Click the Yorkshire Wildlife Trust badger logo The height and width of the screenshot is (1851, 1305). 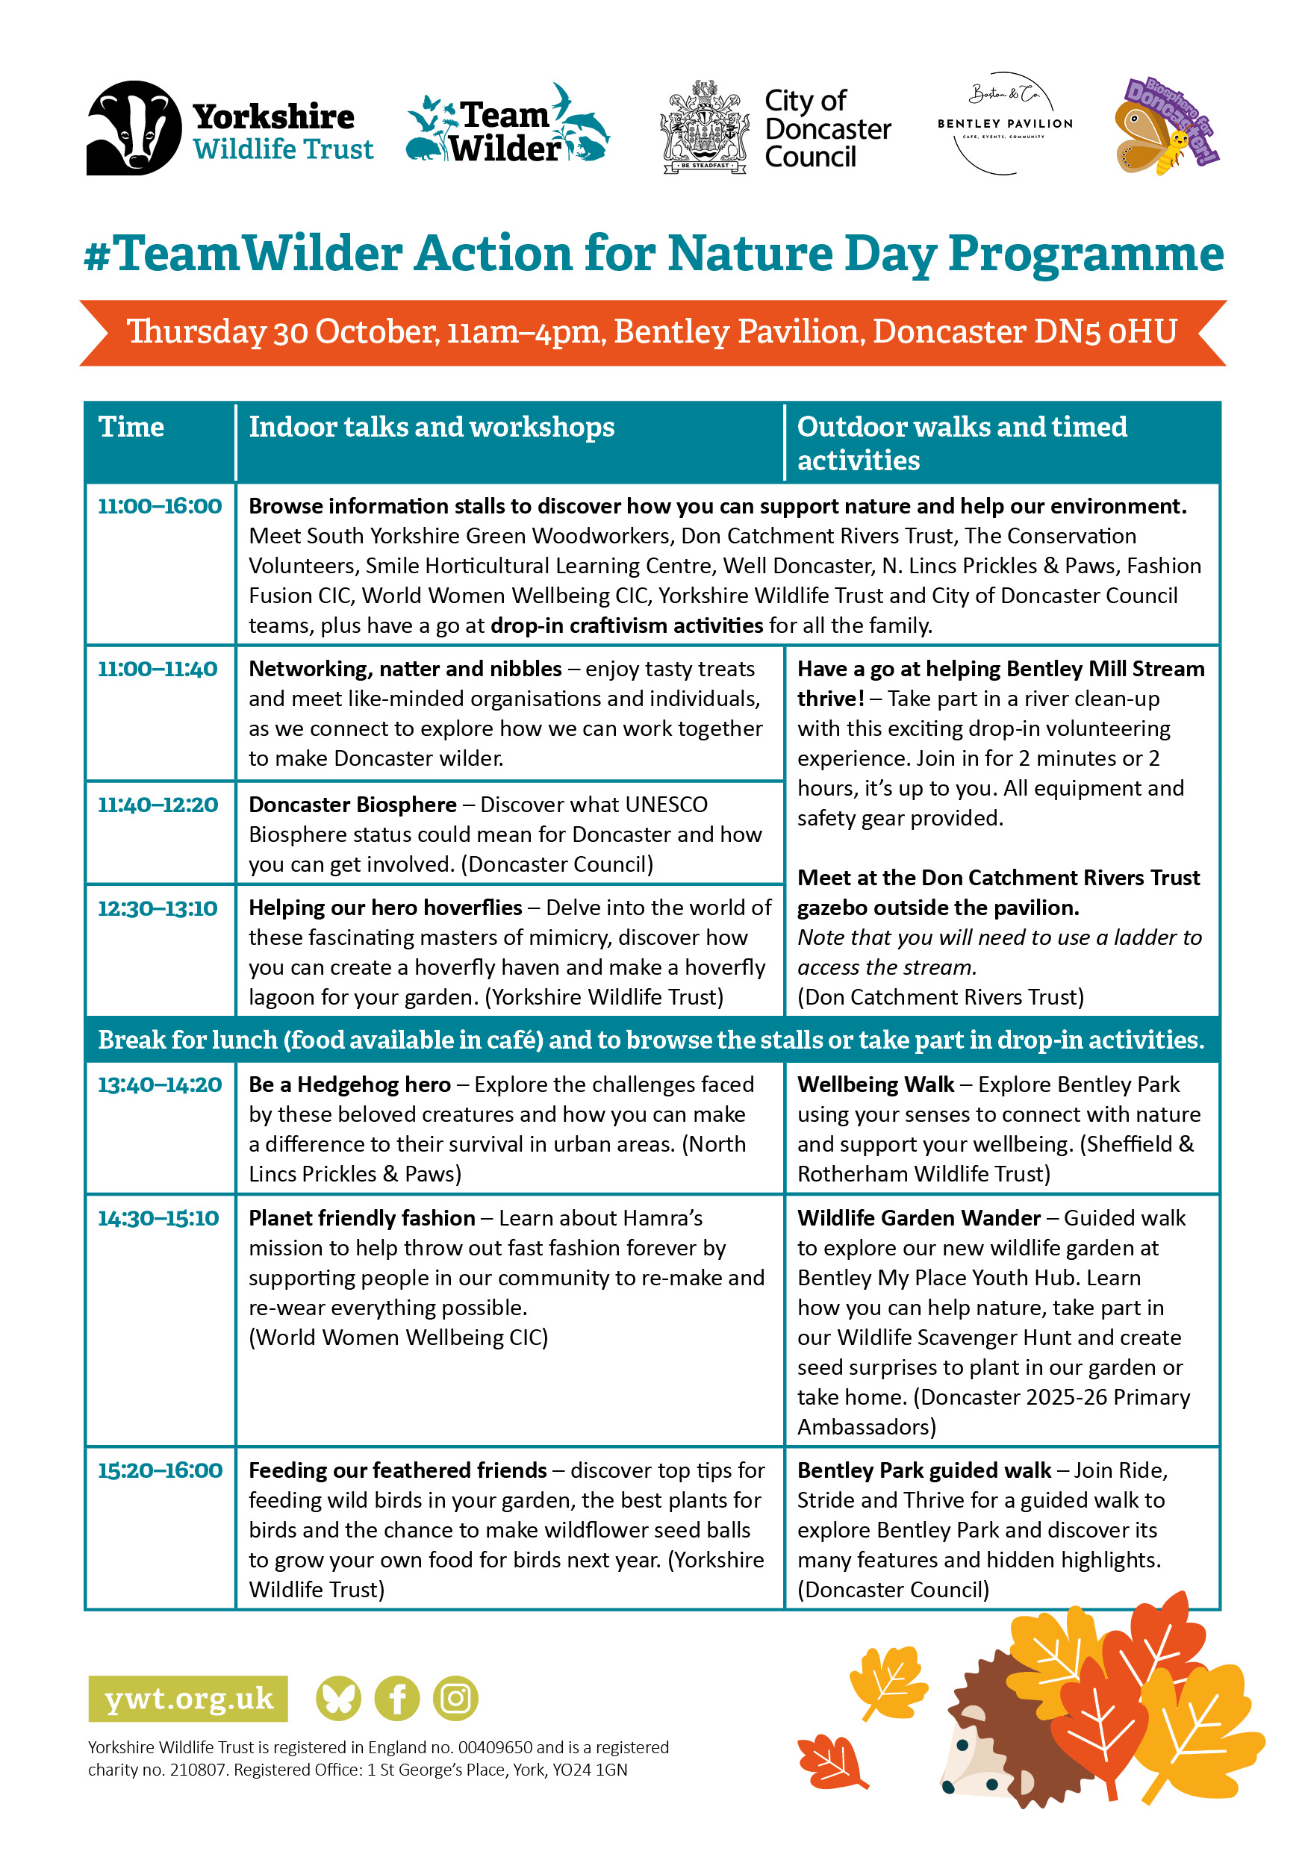pos(134,128)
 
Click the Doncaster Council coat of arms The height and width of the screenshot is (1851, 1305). pos(703,128)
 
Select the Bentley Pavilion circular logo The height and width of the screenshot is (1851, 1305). pos(1005,123)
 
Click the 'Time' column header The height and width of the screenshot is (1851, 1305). pos(131,426)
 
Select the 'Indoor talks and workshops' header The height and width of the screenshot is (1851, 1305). pos(432,426)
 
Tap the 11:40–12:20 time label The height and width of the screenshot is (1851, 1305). pos(158,805)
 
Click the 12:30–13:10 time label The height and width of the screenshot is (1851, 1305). pos(158,908)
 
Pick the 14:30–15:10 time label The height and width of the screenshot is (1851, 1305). pos(158,1217)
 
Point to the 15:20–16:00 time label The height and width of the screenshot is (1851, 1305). pos(160,1470)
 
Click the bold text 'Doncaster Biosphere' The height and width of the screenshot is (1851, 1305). pos(352,805)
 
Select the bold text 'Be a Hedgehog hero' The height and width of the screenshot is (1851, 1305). pos(349,1084)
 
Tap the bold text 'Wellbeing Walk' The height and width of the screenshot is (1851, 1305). pos(875,1084)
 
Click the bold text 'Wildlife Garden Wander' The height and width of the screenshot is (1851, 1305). pos(919,1217)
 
